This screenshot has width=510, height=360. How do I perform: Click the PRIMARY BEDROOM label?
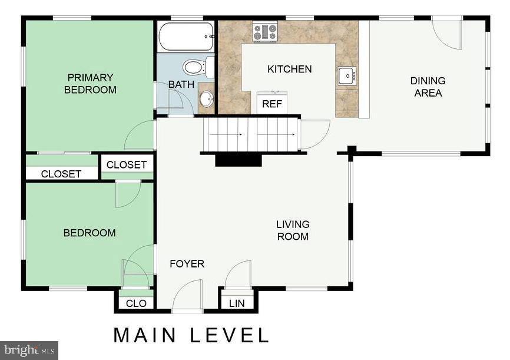(90, 84)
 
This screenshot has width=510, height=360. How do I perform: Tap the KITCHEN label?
(289, 69)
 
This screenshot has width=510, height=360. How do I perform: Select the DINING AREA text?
(428, 87)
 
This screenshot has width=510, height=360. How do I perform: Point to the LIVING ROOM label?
(293, 230)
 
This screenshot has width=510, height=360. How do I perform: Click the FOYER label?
(187, 263)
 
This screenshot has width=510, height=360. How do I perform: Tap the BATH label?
(181, 84)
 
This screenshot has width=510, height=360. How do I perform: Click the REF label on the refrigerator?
(272, 104)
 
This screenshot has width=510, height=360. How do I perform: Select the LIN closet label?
(237, 303)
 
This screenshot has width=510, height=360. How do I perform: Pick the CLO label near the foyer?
(134, 303)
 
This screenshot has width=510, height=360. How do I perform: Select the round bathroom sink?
(206, 99)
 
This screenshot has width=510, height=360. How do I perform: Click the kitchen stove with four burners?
(265, 31)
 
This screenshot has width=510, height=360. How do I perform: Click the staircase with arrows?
(251, 134)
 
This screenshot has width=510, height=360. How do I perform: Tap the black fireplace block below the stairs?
(238, 160)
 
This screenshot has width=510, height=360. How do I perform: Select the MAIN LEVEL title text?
(191, 335)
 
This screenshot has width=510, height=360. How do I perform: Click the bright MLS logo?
(29, 350)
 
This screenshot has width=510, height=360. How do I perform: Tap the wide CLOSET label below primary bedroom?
(61, 174)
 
